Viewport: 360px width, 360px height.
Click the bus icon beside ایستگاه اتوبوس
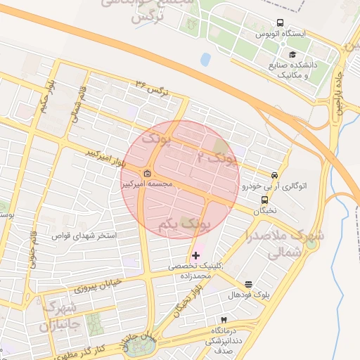(281, 23)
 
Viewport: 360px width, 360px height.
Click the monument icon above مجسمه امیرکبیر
(147, 174)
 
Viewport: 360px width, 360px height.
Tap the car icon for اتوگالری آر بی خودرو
(274, 175)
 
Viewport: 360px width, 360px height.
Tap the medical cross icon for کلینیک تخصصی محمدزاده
(195, 255)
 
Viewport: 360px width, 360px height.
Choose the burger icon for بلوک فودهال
(249, 284)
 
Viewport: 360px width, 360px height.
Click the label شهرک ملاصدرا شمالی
(285, 243)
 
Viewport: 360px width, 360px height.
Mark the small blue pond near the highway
(205, 60)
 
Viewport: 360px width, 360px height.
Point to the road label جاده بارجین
(341, 82)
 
